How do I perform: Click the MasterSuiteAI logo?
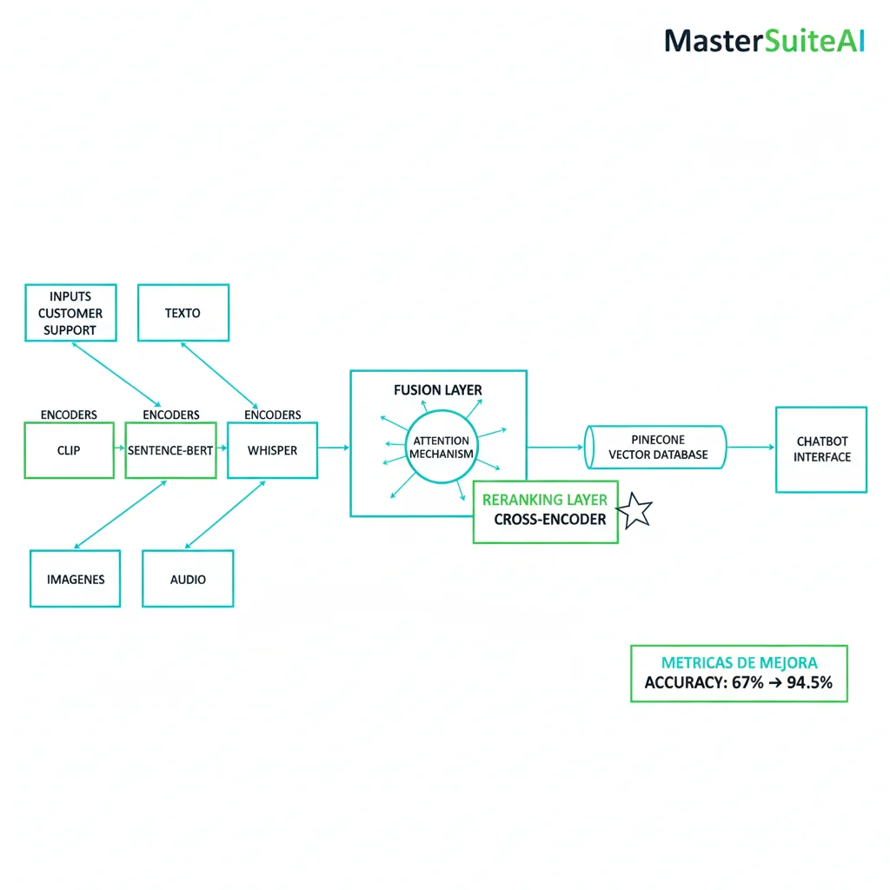coord(764,41)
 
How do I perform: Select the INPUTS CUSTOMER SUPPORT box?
coord(70,313)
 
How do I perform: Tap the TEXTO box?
coord(183,313)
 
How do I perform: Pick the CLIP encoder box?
coord(69,450)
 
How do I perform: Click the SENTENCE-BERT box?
coord(170,450)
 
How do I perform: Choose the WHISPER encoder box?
coord(272,450)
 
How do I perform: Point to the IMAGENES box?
coord(76,579)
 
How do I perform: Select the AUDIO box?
coord(188,579)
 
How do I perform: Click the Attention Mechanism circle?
coord(442,448)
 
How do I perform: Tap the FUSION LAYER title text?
coord(437,390)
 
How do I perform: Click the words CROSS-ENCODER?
coord(549,520)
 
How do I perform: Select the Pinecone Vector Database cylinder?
coord(656,447)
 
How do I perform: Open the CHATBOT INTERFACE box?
coord(820,449)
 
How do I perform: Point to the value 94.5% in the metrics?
coord(809,683)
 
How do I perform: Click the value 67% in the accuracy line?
coord(747,683)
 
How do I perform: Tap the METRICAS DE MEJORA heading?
coord(739,662)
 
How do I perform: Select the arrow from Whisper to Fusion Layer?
coord(334,448)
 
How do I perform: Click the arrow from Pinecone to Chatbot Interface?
coord(750,448)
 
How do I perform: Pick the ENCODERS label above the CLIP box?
coord(69,415)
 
